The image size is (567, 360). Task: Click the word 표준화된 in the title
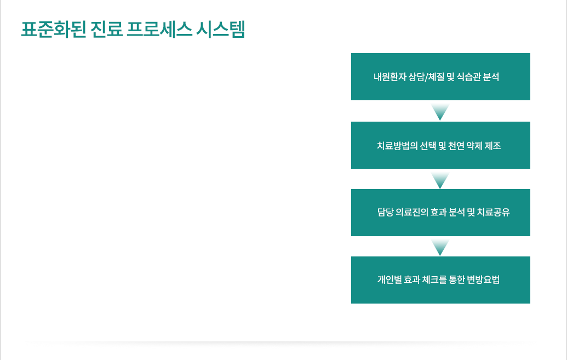(54, 29)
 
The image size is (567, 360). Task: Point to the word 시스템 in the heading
(221, 29)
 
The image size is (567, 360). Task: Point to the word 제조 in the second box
(492, 146)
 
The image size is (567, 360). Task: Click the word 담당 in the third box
(385, 212)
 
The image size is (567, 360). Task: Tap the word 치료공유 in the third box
(493, 212)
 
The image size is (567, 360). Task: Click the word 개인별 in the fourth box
(390, 279)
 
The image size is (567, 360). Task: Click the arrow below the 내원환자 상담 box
(440, 112)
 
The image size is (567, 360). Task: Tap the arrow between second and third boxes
(440, 180)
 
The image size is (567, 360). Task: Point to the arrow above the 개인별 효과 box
(440, 247)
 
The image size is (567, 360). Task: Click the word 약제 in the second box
(474, 146)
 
